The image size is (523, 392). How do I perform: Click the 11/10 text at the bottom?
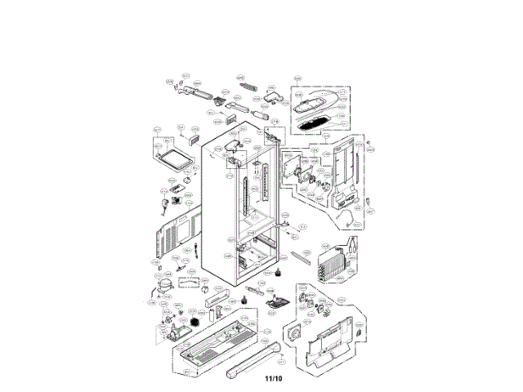tap(272, 378)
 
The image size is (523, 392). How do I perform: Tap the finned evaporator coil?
tap(333, 262)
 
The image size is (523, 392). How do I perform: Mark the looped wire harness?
tap(351, 216)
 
